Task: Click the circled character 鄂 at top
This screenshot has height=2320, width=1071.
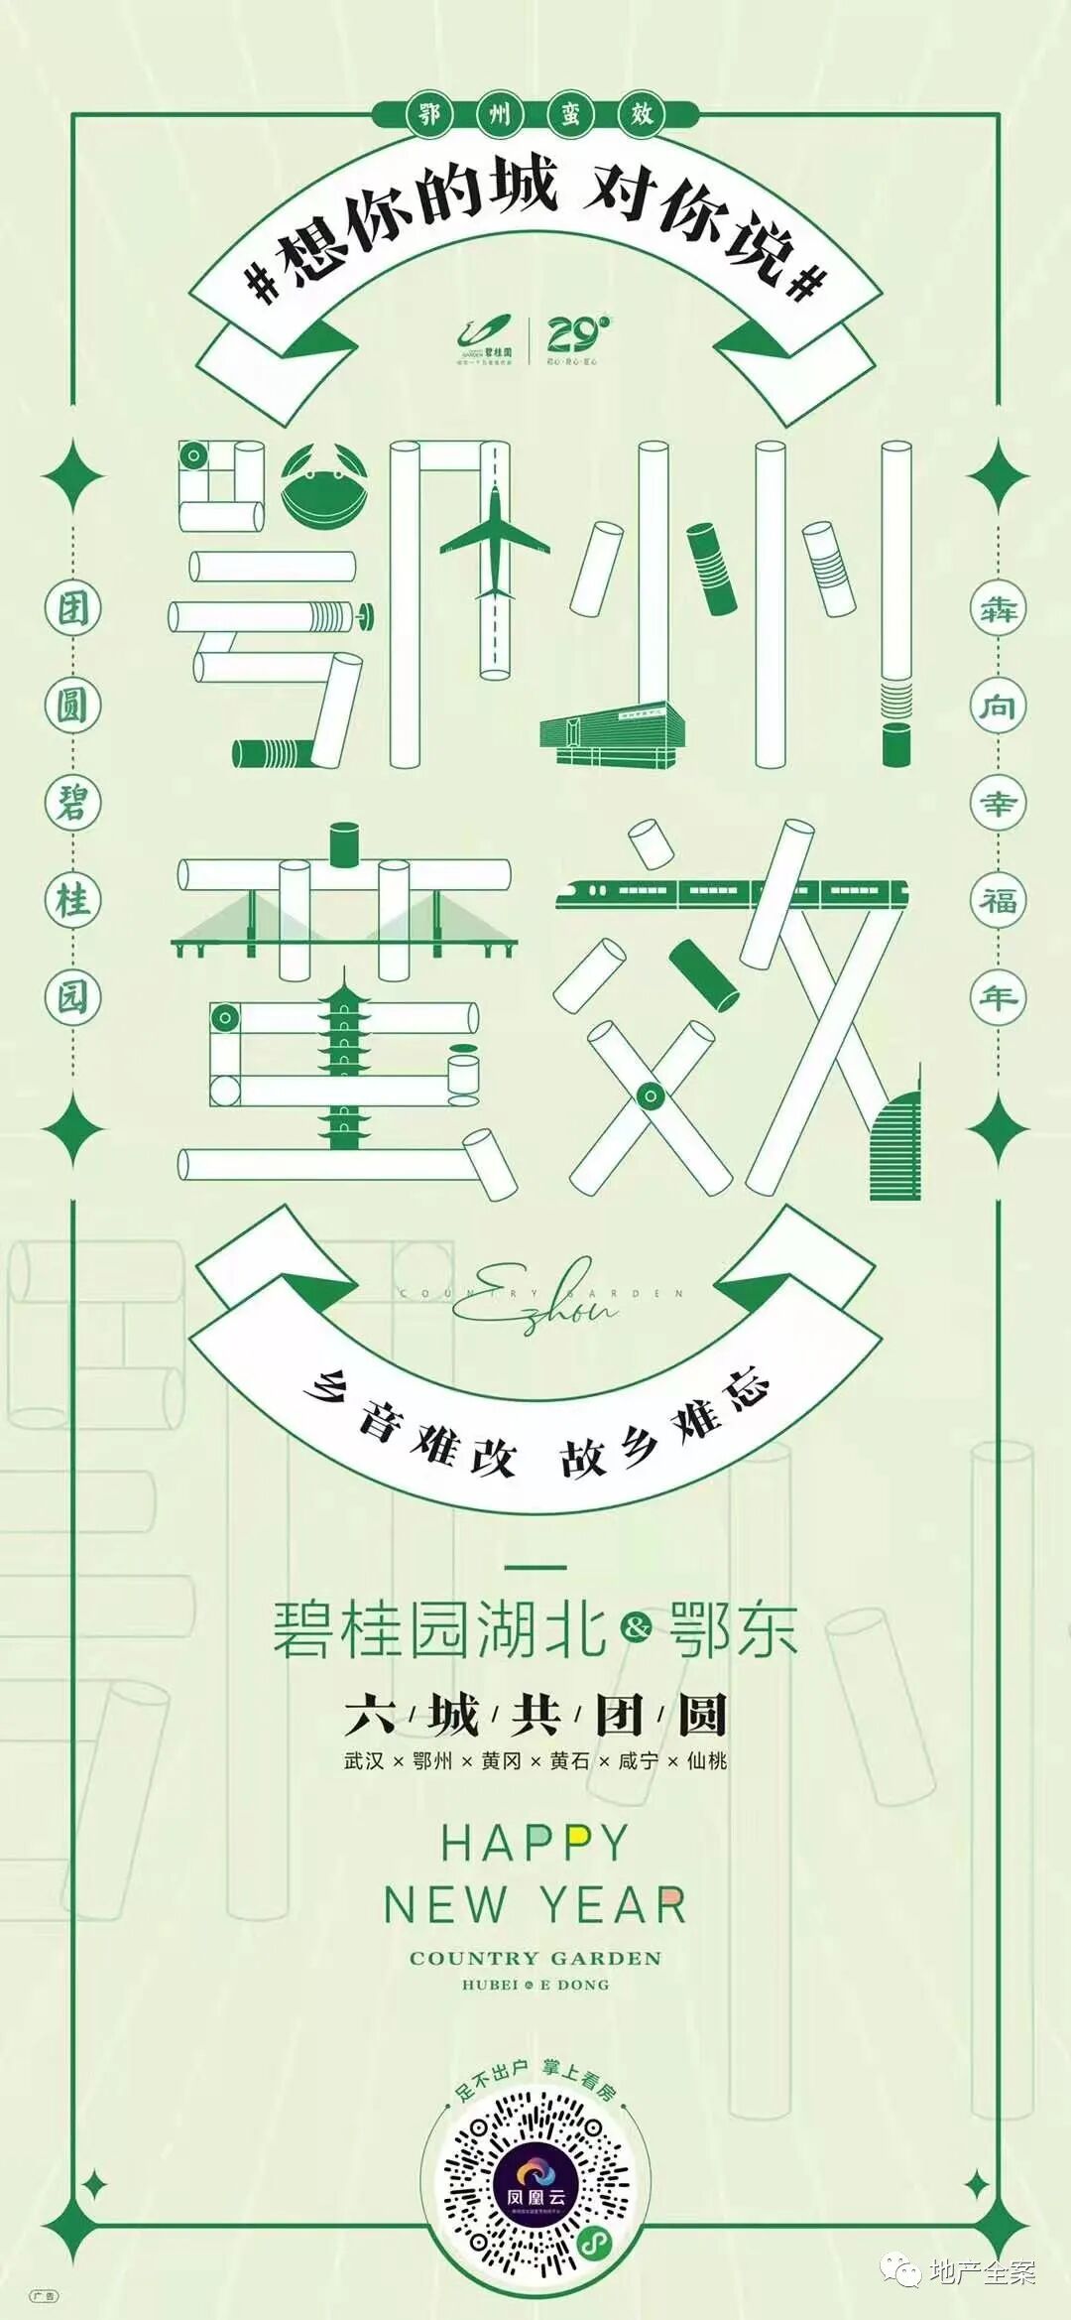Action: [428, 115]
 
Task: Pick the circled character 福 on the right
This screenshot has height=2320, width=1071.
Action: [998, 901]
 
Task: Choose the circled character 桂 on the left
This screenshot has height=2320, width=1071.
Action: [72, 901]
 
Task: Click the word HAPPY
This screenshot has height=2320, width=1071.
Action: [535, 1844]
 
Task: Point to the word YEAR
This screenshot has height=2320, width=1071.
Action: [613, 1905]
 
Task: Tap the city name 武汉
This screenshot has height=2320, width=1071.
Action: [364, 1761]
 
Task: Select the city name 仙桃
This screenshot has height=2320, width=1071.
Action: [707, 1761]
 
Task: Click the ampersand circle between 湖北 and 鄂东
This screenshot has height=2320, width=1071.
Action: [637, 1627]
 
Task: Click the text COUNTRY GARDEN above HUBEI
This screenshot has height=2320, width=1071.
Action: [535, 1958]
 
